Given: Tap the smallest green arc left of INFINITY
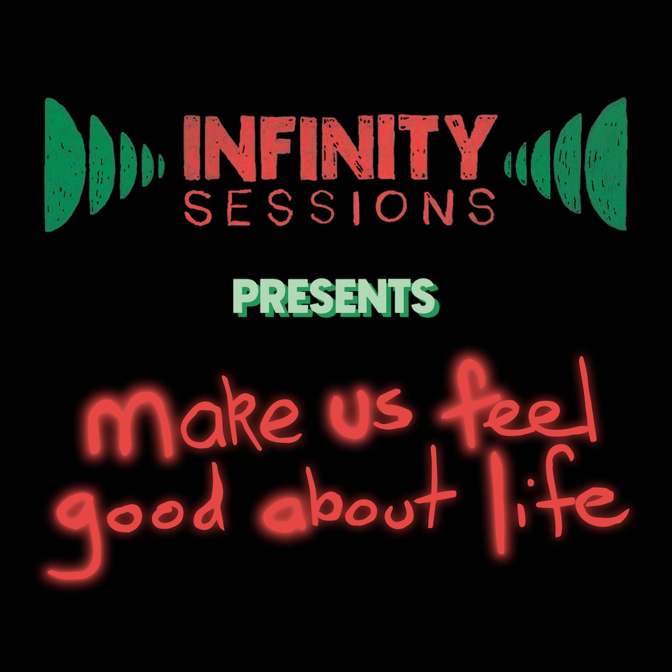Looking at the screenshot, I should pyautogui.click(x=161, y=165).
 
